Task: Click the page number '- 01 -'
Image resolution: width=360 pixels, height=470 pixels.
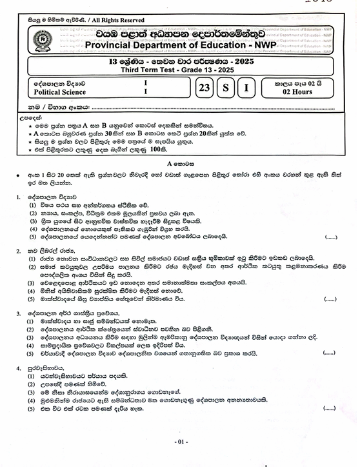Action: click(181, 442)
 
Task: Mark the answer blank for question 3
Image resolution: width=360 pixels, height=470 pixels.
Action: click(328, 353)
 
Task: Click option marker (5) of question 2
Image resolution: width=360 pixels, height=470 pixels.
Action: click(31, 299)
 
